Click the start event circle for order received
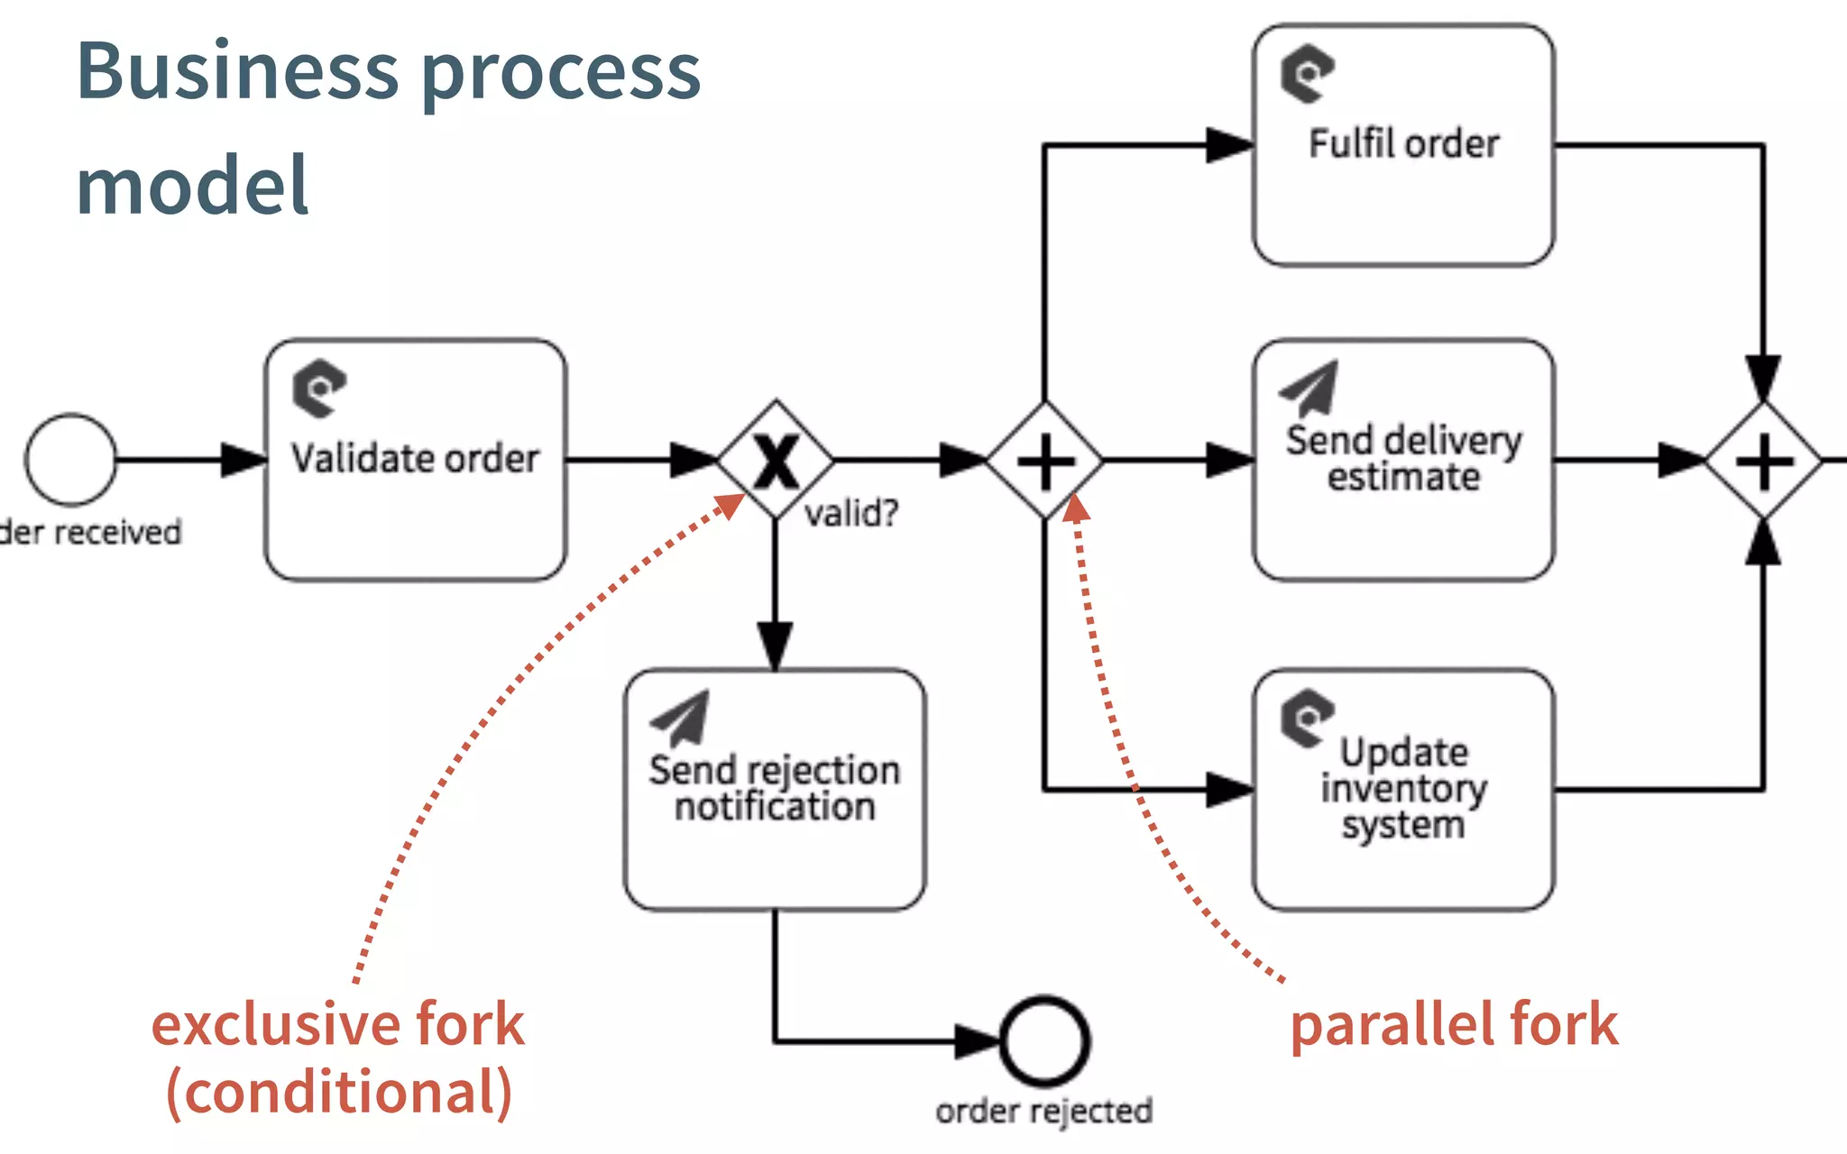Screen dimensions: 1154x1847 click(x=70, y=460)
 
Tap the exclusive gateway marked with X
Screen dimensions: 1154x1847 click(x=776, y=460)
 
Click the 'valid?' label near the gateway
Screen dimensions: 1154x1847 click(x=851, y=514)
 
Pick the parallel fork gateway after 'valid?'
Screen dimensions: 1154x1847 click(x=1044, y=461)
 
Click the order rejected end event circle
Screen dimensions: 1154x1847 click(x=1044, y=1041)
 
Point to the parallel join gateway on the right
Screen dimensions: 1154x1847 click(x=1763, y=461)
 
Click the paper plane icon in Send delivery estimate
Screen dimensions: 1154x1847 click(x=1309, y=388)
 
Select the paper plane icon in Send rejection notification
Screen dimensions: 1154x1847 click(x=681, y=718)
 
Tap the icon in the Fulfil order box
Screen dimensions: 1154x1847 click(x=1307, y=73)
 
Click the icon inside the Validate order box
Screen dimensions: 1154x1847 click(x=318, y=389)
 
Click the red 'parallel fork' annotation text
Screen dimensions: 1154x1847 click(x=1454, y=1025)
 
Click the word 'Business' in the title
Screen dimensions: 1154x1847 click(x=237, y=72)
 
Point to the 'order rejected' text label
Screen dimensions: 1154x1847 click(x=1044, y=1112)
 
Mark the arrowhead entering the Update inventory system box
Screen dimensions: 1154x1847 click(x=1230, y=790)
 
